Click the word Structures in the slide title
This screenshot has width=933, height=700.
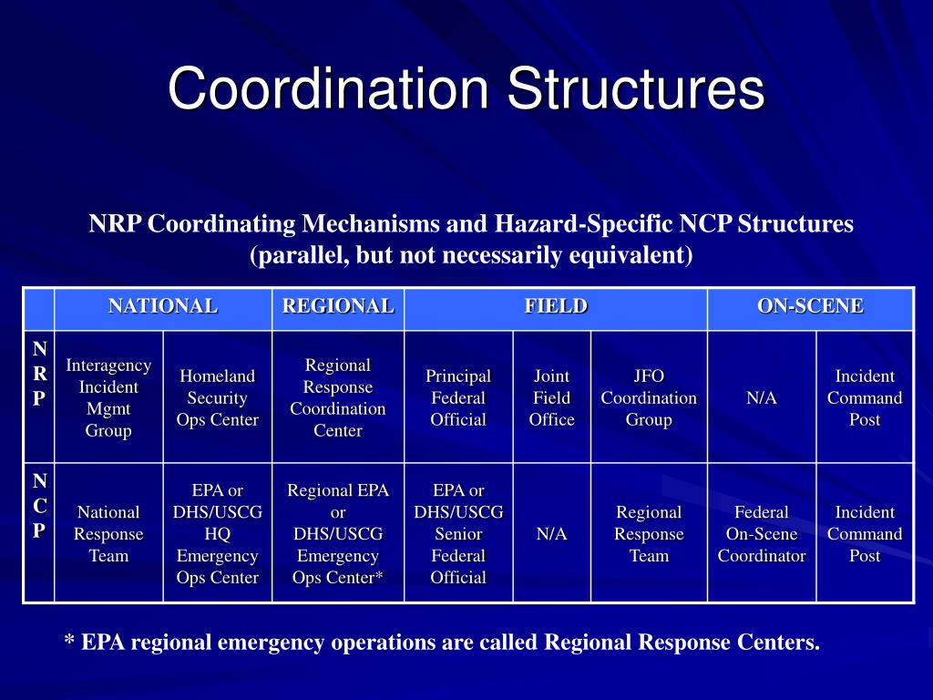[635, 89]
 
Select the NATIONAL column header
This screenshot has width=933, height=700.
[163, 307]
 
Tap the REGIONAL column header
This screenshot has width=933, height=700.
[338, 307]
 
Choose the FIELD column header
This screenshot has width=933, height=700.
[556, 307]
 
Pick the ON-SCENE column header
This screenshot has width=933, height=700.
[810, 307]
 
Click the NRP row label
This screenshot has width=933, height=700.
[39, 374]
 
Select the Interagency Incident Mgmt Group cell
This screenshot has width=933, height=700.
[108, 397]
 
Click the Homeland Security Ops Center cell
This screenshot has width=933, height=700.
[218, 397]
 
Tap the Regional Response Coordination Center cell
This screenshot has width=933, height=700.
[338, 397]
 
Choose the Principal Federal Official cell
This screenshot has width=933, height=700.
[458, 397]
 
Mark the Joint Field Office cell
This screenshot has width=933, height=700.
[551, 397]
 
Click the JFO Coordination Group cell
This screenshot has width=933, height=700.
[649, 397]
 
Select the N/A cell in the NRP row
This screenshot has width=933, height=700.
[761, 398]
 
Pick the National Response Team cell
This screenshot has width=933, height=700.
[108, 534]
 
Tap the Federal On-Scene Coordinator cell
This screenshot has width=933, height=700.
[761, 534]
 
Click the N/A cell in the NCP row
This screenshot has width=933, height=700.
[551, 534]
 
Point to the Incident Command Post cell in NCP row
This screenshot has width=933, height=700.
[865, 534]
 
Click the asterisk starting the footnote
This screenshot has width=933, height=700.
[69, 642]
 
